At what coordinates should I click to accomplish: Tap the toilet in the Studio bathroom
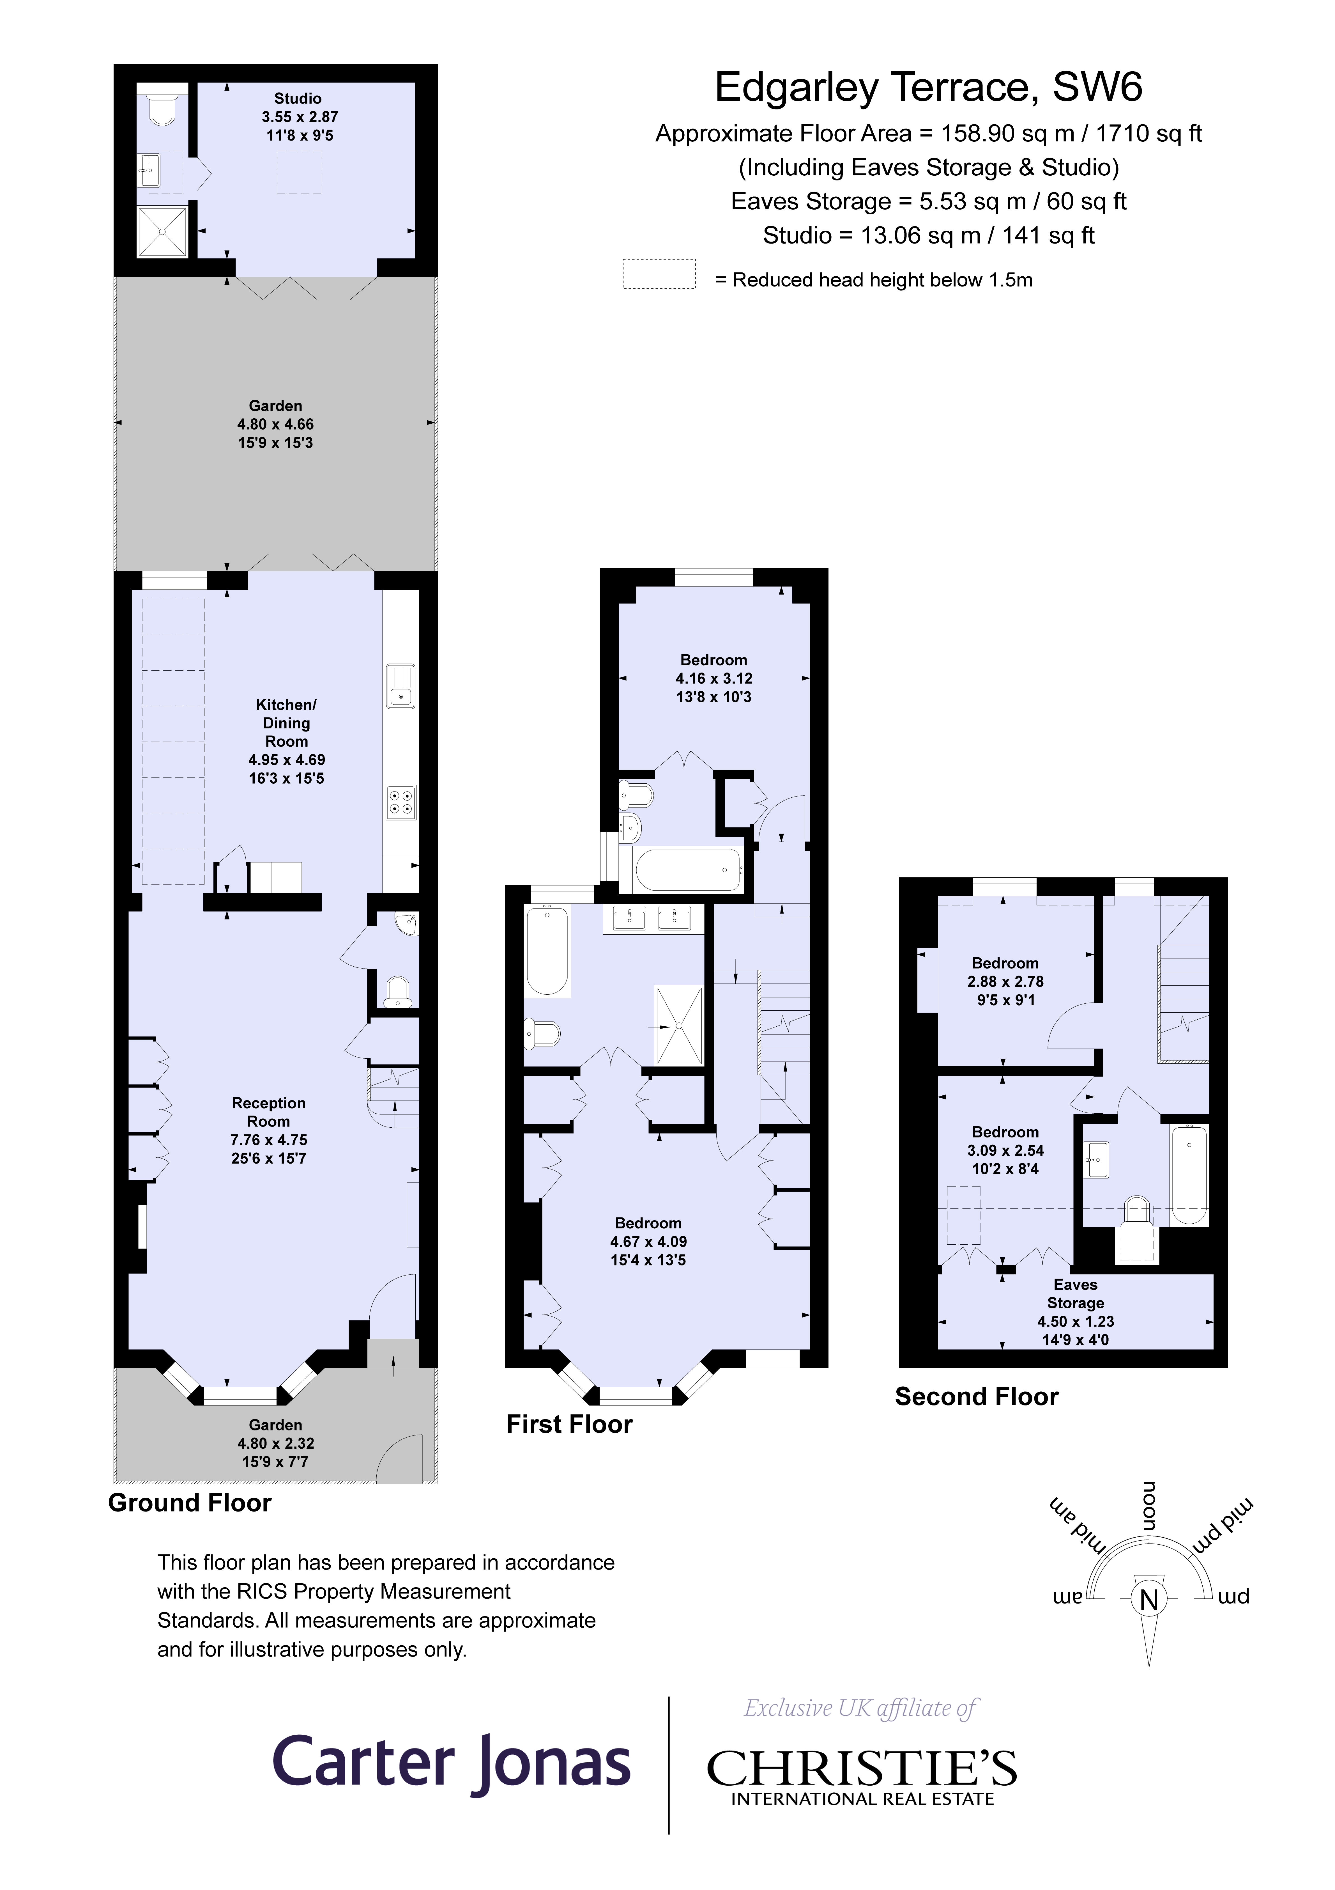pos(162,109)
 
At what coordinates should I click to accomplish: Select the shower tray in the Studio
pos(162,231)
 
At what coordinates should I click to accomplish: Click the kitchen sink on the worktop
pos(401,686)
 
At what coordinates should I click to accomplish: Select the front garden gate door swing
pos(401,1458)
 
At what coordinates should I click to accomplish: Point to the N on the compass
pos(1149,1599)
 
